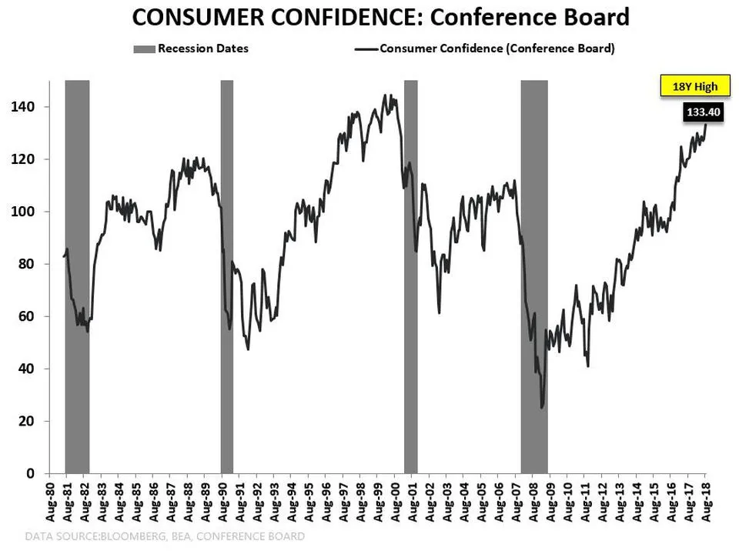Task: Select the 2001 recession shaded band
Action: click(x=410, y=277)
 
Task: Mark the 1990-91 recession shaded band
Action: click(x=227, y=277)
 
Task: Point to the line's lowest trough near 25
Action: click(x=542, y=407)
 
